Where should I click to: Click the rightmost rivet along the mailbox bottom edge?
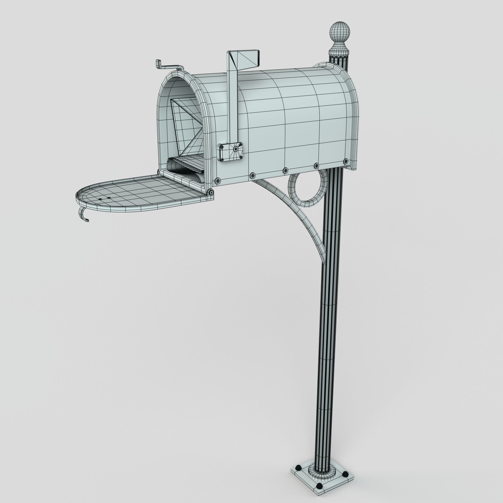346,161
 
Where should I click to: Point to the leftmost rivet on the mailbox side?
217,180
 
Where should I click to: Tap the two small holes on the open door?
105,199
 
